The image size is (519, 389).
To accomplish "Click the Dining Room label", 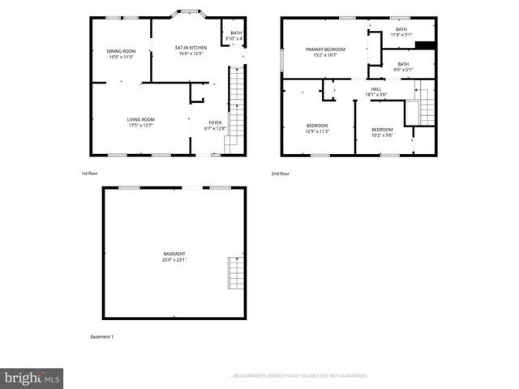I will coord(121,51).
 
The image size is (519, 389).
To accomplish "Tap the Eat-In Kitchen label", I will coord(191,48).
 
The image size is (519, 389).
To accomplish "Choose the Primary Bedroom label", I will coord(325,49).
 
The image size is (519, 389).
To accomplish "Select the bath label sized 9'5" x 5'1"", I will coord(402,66).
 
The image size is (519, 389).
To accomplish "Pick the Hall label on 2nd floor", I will coord(376,89).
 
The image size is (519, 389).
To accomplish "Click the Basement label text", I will coord(174,254).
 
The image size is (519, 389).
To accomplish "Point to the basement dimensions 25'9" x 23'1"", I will coord(174,259).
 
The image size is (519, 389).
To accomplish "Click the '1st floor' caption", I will coord(91,173).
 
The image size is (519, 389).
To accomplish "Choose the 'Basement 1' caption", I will coord(102,336).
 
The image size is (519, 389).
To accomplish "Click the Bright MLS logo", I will coord(32,378).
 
